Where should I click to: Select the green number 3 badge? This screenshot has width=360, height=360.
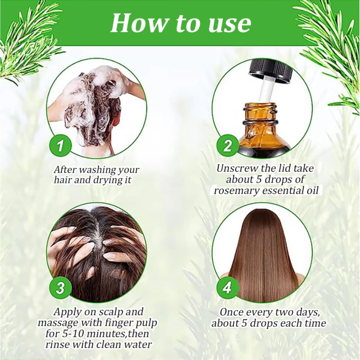pyautogui.click(x=61, y=289)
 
